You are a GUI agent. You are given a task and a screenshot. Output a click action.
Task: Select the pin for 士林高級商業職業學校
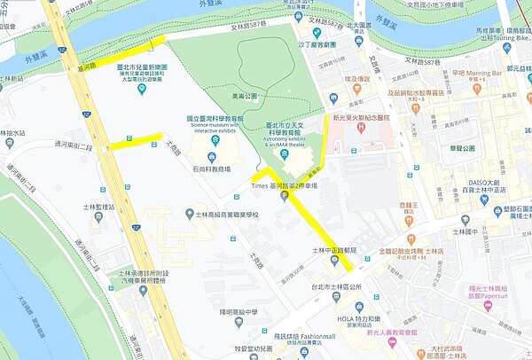(x=189, y=214)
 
